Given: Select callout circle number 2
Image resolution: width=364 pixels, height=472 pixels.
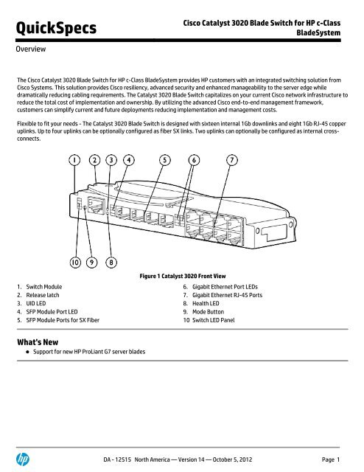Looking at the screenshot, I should [97, 159].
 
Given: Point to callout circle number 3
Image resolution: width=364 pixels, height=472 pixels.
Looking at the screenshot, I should [112, 159].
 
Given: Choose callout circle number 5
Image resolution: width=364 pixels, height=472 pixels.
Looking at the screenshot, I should [164, 159].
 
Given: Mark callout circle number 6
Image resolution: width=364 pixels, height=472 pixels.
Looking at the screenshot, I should [195, 159].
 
